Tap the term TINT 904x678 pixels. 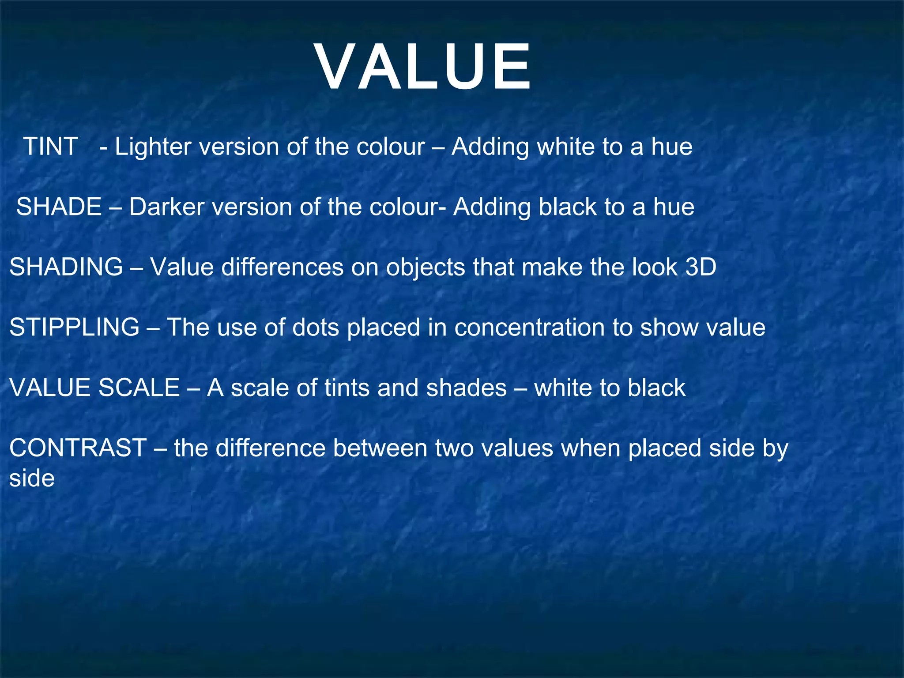coord(50,147)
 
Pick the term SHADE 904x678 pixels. coord(59,207)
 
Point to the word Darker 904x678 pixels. coord(166,207)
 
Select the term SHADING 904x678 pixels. coord(66,267)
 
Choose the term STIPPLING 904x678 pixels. coord(74,328)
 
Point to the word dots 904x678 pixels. coord(315,328)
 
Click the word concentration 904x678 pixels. coord(529,328)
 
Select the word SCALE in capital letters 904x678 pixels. coord(139,388)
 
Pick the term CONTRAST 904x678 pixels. coord(78,448)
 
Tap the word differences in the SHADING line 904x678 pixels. coord(282,267)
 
